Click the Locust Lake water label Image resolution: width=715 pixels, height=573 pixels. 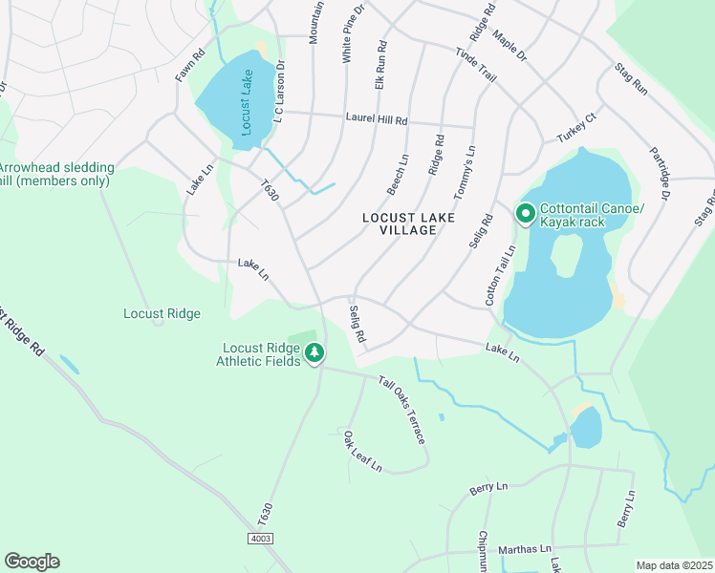tap(248, 102)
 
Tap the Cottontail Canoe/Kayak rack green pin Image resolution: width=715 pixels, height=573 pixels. tap(525, 214)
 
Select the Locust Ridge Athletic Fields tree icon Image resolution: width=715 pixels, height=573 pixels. tap(314, 354)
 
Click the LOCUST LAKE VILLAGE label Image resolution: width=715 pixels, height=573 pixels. tap(405, 223)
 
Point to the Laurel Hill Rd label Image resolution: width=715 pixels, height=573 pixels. tap(376, 120)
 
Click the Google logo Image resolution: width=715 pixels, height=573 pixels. tap(32, 561)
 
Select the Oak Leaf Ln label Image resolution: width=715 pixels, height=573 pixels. tap(363, 452)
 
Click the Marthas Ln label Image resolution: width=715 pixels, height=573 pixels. tap(525, 549)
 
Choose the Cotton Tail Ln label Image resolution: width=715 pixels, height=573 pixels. tap(500, 275)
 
